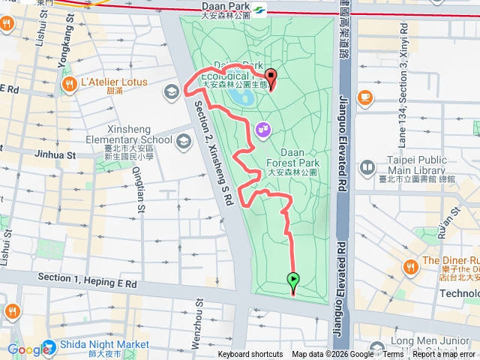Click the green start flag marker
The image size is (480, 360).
point(292,281)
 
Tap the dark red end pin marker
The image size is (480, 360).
point(270,77)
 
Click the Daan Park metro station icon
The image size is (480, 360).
point(259,10)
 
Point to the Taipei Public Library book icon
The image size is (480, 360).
point(367,166)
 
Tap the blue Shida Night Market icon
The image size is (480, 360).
point(49,348)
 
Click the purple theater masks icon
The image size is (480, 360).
point(262,129)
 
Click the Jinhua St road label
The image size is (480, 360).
point(55,154)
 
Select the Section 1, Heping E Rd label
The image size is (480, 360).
point(88,280)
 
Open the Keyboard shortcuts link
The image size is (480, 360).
point(250,355)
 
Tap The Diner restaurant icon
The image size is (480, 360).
point(410,265)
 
